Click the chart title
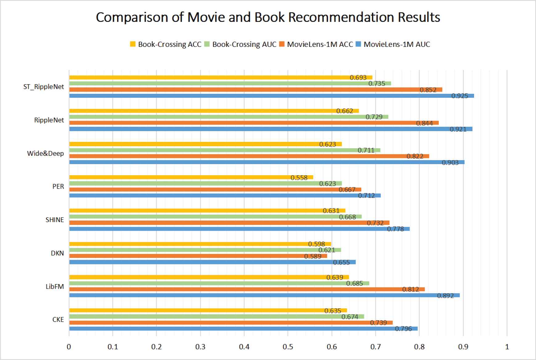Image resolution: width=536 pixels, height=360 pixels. (268, 17)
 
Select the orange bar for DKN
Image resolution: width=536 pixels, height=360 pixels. (197, 256)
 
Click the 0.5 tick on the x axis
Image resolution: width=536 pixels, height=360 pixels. (288, 347)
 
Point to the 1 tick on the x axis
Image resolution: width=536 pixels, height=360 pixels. (507, 347)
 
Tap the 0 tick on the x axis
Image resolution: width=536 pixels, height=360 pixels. (69, 347)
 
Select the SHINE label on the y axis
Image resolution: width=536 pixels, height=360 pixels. (55, 220)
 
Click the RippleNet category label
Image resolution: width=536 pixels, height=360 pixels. (49, 120)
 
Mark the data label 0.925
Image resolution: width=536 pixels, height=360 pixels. (460, 96)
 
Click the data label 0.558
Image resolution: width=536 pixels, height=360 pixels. (299, 178)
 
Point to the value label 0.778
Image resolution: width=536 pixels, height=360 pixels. (395, 229)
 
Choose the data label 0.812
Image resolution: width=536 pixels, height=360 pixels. (410, 289)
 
